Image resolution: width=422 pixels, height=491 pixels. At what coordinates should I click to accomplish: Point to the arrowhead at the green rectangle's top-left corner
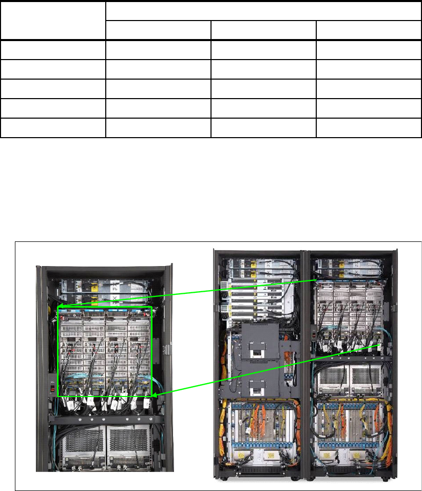(x=60, y=307)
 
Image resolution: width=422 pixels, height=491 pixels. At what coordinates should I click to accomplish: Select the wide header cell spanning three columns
(x=263, y=11)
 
